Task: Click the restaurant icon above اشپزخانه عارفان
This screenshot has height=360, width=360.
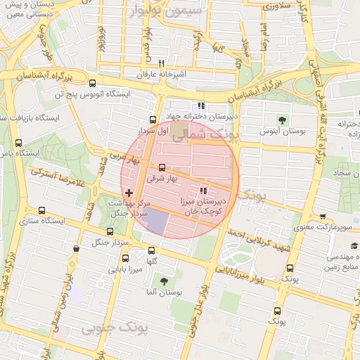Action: pyautogui.click(x=162, y=63)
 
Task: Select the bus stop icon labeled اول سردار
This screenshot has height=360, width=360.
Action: pyautogui.click(x=153, y=120)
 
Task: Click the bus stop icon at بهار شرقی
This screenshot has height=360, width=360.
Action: pyautogui.click(x=162, y=167)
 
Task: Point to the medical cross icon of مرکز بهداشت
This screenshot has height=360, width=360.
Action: pyautogui.click(x=128, y=192)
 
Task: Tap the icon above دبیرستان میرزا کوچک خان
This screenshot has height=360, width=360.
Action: pyautogui.click(x=203, y=191)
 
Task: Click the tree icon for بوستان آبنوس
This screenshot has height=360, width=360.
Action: pyautogui.click(x=283, y=120)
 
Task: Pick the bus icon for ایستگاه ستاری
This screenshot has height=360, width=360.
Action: pyautogui.click(x=41, y=210)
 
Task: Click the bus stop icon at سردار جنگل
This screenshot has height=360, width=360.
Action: pyautogui.click(x=109, y=231)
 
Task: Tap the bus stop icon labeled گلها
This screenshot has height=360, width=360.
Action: pyautogui.click(x=151, y=250)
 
